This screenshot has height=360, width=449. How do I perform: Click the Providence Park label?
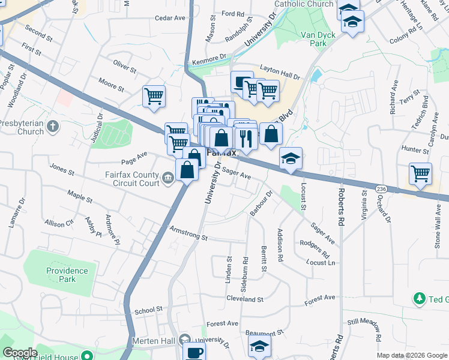(x=67, y=275)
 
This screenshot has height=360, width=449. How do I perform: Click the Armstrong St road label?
(x=188, y=233)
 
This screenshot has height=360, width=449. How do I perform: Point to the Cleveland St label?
(x=244, y=299)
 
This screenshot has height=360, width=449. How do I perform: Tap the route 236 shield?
(x=382, y=189)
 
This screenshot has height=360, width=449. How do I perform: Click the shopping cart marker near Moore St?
(x=154, y=96)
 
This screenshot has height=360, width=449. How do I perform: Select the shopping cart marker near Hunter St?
(x=420, y=174)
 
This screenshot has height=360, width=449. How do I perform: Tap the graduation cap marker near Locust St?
(x=291, y=158)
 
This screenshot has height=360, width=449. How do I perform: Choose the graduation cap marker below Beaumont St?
(x=259, y=346)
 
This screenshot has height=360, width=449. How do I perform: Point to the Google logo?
(x=20, y=353)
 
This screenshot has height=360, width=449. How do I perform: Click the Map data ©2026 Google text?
(x=412, y=355)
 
